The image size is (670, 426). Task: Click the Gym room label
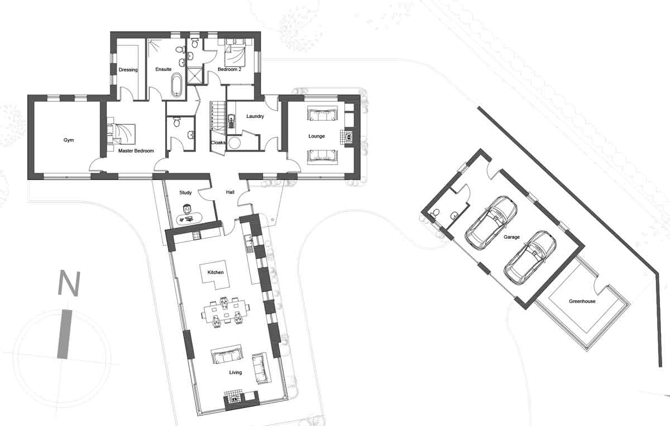point(69,140)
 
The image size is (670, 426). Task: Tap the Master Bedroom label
point(136,151)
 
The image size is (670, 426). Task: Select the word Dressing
point(128,70)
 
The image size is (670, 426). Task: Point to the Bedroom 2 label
point(229,69)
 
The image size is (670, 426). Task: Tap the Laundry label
point(255,116)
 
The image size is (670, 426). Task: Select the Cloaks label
point(218,143)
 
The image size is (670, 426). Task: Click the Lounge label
point(317,136)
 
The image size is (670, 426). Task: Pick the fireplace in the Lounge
point(348,138)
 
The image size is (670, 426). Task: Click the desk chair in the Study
point(187,209)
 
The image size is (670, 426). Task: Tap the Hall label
point(230,192)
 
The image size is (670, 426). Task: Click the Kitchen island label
point(216,272)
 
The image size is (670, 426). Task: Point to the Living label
point(236,372)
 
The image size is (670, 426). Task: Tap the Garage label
point(511,237)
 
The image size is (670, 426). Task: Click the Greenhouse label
point(582,301)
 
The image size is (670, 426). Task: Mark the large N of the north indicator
point(69,283)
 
